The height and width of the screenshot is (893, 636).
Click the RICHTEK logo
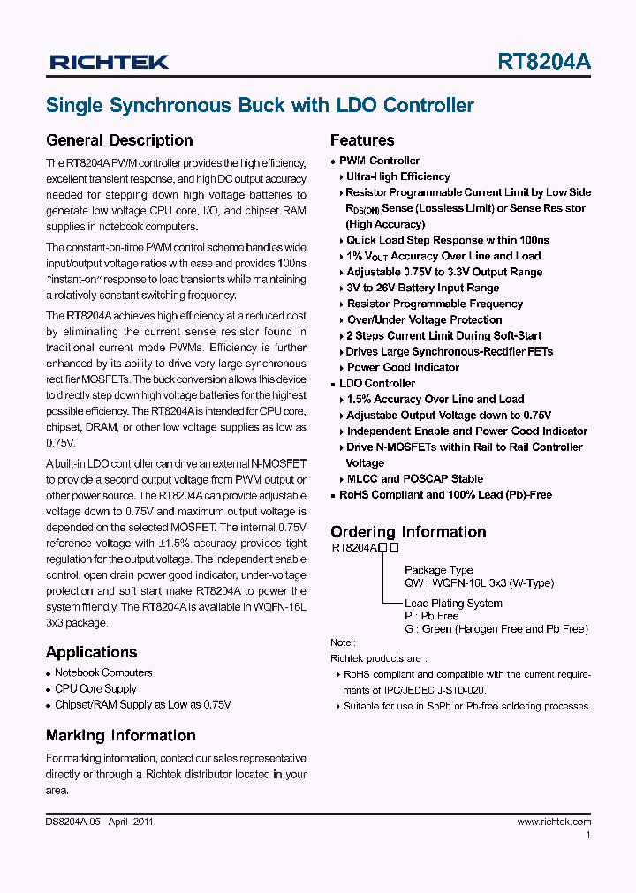pos(109,62)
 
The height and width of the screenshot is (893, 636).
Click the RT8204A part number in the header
pos(544,62)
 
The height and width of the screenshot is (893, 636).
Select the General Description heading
pos(119,140)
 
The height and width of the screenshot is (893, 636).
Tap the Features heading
pos(362,140)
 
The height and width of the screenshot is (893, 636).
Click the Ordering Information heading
pos(408,532)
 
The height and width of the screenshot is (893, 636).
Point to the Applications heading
pos(91,652)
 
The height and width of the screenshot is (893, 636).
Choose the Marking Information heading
pos(120,735)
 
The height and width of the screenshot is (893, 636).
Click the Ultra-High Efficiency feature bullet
pos(397,176)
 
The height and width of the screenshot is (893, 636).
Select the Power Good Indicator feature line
pos(403,367)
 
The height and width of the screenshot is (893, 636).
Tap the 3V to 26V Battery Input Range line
pos(422,288)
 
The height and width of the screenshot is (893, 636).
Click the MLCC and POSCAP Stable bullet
pos(414,478)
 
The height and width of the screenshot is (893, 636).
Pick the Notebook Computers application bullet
pos(103,672)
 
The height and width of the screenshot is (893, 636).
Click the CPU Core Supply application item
pos(95,688)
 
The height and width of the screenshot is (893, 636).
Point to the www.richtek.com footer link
pos(554,822)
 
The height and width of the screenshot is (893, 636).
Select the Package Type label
pos(438,570)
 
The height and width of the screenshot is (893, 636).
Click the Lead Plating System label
pos(453,604)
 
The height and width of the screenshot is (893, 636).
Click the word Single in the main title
pos(74,106)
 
